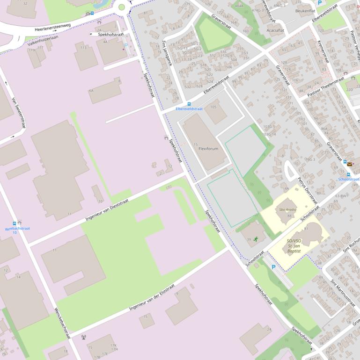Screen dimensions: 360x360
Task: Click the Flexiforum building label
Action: click(208, 149)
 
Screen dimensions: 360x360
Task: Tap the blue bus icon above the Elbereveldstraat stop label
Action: click(189, 104)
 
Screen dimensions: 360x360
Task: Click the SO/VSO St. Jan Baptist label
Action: click(294, 246)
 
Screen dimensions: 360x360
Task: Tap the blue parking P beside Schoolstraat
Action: click(273, 267)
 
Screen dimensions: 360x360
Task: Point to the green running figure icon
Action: click(256, 239)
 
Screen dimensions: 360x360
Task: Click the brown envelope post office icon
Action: click(349, 164)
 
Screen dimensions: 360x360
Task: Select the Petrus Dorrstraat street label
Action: click(305, 180)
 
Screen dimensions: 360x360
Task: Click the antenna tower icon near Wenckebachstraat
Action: click(84, 337)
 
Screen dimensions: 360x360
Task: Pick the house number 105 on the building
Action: click(214, 107)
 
